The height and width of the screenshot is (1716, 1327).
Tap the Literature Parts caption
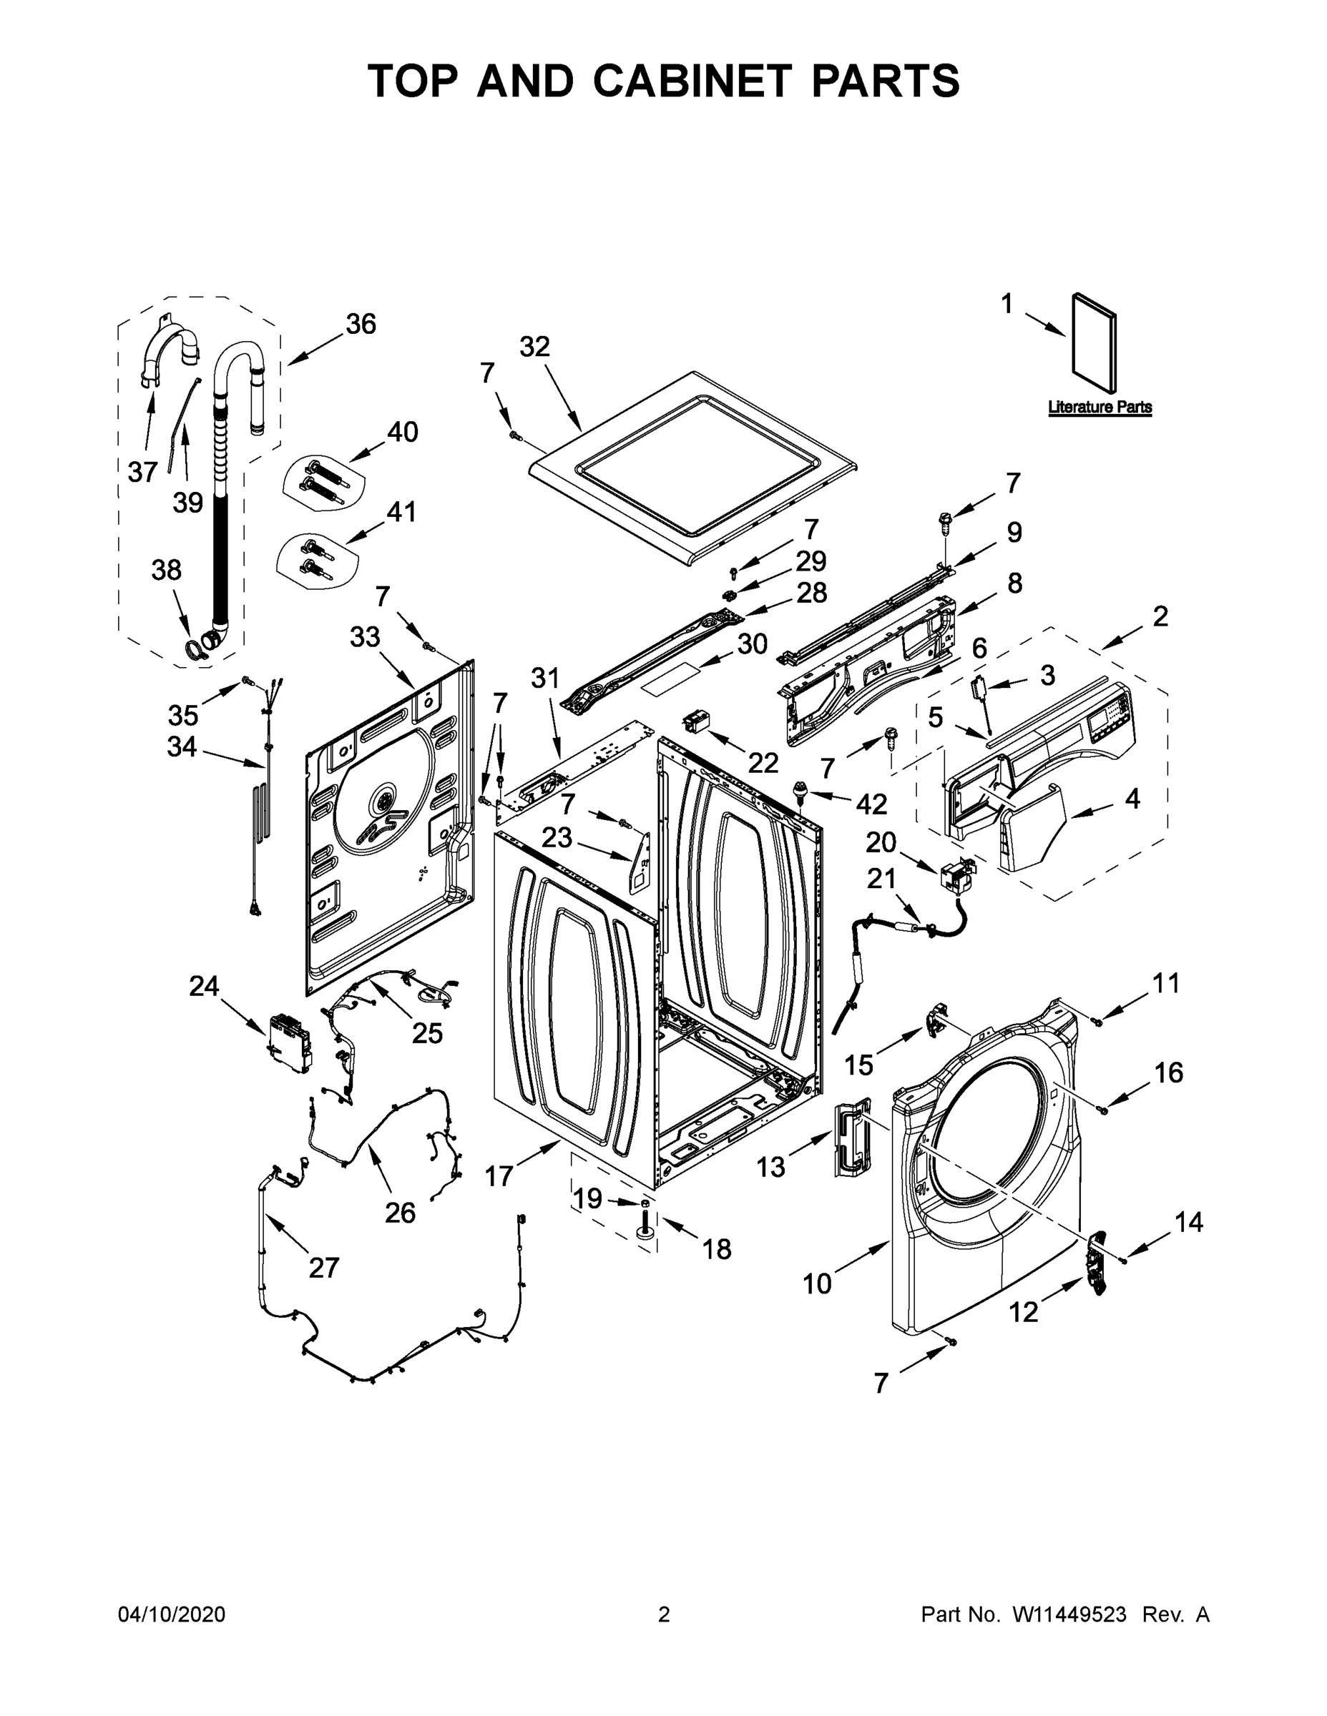click(1099, 407)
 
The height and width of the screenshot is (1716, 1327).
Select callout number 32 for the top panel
click(534, 347)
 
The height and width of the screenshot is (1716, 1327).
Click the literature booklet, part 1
click(1094, 344)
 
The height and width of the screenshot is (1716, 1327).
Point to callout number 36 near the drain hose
click(361, 324)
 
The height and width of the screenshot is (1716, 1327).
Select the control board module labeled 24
click(288, 1043)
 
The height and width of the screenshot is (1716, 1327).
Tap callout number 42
click(871, 804)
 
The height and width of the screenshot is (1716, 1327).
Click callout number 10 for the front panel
click(817, 1284)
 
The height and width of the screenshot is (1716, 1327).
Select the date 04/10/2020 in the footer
click(172, 1614)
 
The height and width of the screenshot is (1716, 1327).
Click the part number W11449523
click(1069, 1614)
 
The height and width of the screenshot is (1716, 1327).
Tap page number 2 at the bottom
click(664, 1614)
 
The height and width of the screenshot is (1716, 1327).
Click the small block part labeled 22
click(697, 721)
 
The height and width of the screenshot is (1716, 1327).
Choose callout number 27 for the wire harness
click(323, 1268)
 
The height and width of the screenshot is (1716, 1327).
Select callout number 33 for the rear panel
click(365, 637)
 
